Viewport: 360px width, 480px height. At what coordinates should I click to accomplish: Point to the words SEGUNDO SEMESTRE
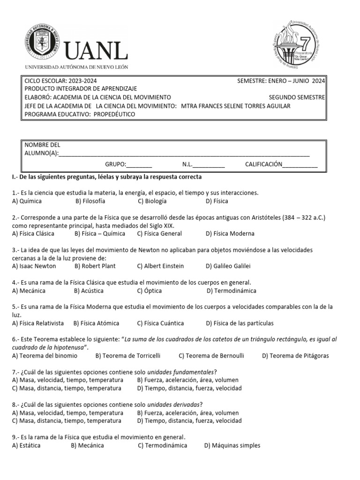pos(297,97)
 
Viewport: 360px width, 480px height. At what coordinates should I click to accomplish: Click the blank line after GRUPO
pos(139,165)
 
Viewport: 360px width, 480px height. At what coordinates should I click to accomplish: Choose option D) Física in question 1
pos(217,201)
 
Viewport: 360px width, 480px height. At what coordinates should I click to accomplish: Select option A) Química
pos(27,201)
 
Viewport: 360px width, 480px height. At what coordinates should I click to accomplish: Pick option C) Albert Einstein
pos(160,266)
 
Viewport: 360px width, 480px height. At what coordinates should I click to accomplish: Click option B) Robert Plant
pos(95,266)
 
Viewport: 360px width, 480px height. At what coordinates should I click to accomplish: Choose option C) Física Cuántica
pos(160,323)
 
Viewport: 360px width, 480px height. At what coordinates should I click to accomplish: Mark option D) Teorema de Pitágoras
pos(295,355)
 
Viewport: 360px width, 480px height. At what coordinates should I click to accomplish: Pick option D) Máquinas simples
pos(232,445)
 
